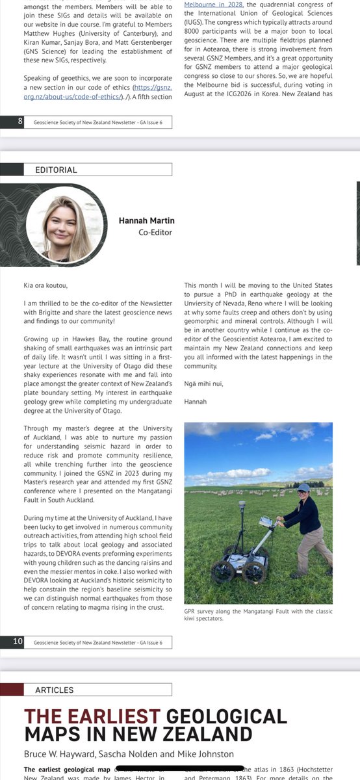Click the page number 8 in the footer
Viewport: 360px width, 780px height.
(20, 121)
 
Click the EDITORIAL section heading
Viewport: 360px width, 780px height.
(51, 170)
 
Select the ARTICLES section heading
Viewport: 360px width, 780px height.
(54, 690)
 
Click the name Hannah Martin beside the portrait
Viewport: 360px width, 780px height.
(146, 221)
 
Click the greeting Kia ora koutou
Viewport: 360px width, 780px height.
(45, 285)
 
